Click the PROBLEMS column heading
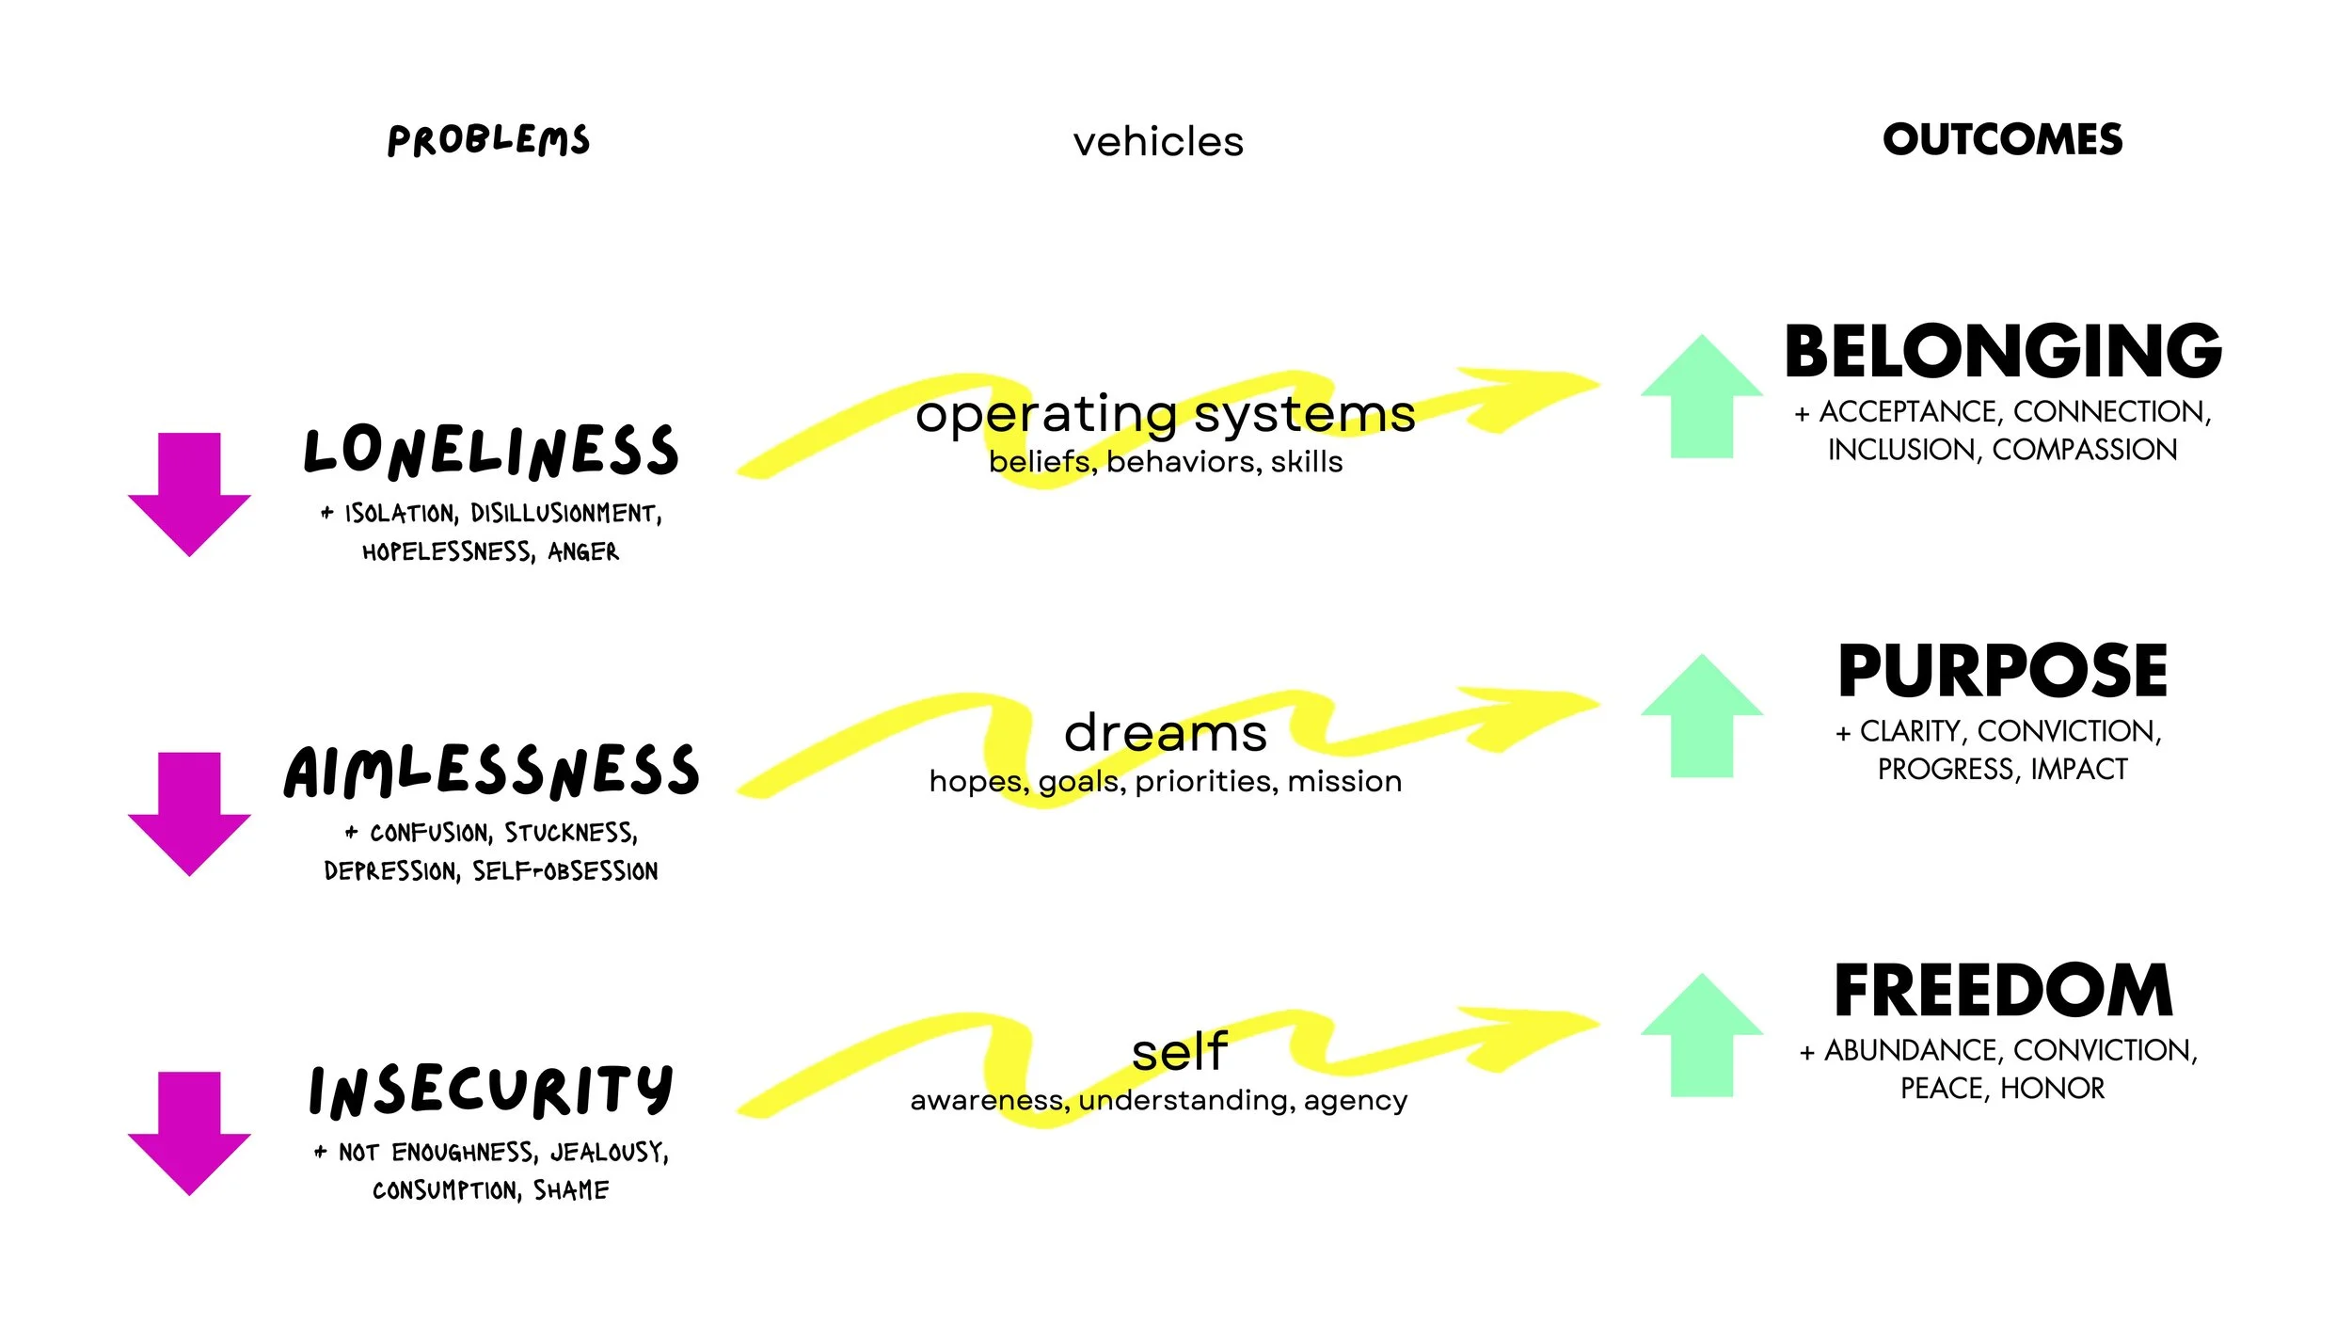click(x=488, y=140)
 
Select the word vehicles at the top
click(x=1158, y=142)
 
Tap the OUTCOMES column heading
click(x=2002, y=139)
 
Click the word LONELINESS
click(x=490, y=451)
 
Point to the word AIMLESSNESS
click(x=491, y=771)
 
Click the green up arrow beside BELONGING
click(x=1701, y=399)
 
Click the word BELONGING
click(x=2003, y=351)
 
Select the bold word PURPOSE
click(x=2002, y=671)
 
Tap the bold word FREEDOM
click(x=2003, y=991)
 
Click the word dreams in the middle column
click(x=1166, y=733)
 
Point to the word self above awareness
click(x=1180, y=1052)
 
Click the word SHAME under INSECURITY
click(x=571, y=1190)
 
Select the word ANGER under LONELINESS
click(x=583, y=551)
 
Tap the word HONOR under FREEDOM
click(x=2052, y=1089)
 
